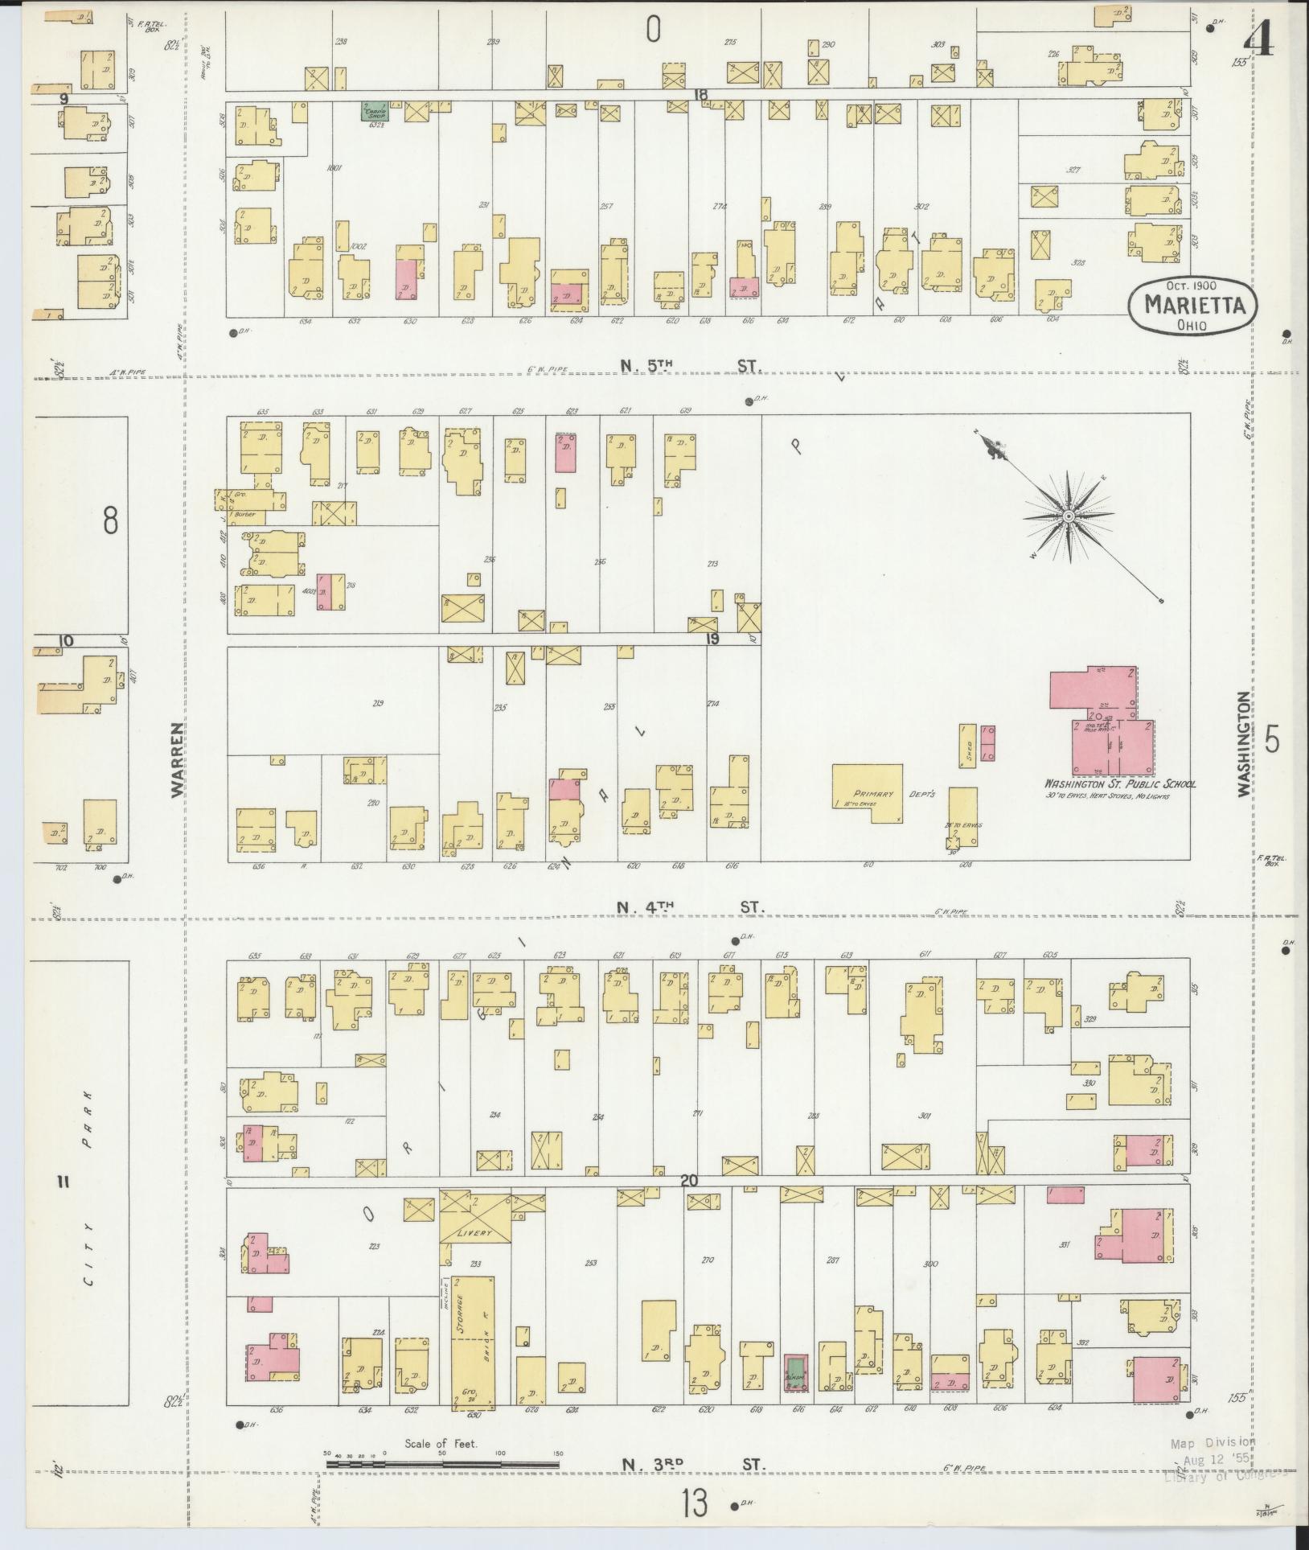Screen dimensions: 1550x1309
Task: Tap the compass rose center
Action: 1069,516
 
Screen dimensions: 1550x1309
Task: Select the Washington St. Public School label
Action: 1119,783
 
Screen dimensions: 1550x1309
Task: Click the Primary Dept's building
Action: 867,794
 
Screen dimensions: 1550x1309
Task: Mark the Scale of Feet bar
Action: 442,1464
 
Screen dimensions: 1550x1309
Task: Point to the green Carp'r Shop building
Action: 375,111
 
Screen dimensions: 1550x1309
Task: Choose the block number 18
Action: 700,95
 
